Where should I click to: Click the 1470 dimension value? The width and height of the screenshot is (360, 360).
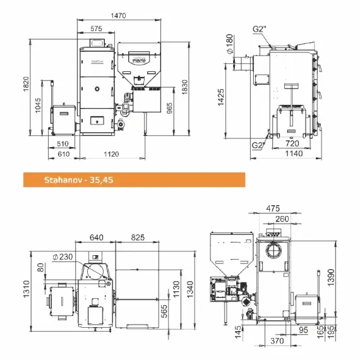[118, 15]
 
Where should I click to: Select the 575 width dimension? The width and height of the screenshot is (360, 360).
[96, 28]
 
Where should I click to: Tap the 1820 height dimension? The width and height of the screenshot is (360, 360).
[26, 84]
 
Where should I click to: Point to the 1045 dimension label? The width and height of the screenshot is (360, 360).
[38, 105]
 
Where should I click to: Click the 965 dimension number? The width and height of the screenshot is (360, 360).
[169, 109]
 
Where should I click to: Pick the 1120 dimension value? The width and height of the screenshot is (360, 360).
[111, 154]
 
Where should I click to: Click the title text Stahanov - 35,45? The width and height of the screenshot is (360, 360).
[78, 180]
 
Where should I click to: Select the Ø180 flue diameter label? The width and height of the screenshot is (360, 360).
[230, 44]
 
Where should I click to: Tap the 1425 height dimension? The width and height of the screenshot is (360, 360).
[220, 97]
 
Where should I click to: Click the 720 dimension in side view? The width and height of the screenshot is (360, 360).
[292, 143]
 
